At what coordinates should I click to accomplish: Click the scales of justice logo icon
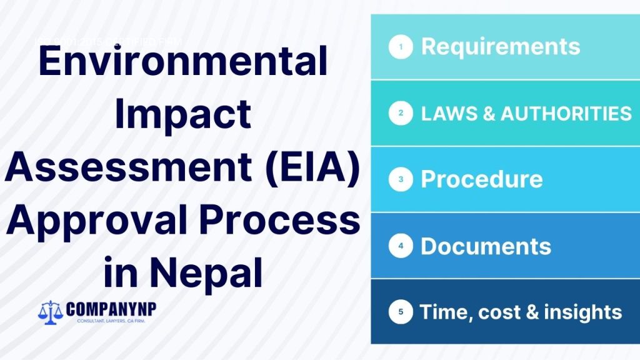[x=49, y=311]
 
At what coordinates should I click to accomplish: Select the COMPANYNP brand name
[x=110, y=309]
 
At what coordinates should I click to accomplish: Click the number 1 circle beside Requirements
[x=401, y=47]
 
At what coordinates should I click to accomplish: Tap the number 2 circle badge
[x=401, y=114]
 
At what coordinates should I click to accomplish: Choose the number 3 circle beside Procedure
[x=401, y=180]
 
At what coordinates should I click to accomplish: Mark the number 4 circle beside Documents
[x=401, y=246]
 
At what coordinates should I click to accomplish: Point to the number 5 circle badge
[x=401, y=312]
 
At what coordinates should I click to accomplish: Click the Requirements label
[x=501, y=47]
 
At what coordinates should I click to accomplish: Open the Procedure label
[x=482, y=180]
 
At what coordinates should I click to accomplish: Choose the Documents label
[x=486, y=246]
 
